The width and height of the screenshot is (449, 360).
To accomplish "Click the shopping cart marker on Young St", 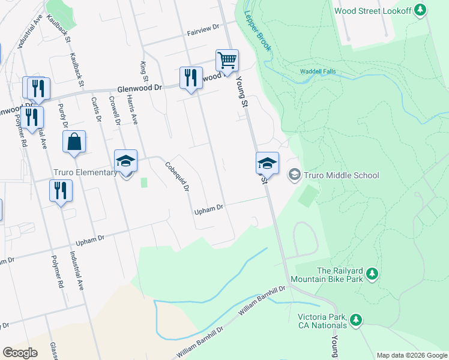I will pos(227,60).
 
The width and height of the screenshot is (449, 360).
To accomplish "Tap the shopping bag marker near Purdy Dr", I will pos(74,142).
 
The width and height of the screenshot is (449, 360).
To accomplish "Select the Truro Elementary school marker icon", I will pos(126,161).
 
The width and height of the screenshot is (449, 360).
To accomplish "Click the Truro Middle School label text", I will pos(341,175).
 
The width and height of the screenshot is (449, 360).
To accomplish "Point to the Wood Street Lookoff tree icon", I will pos(421,10).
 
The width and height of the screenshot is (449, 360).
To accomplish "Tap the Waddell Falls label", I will pos(318,71).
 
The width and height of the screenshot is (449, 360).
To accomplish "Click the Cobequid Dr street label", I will pos(177,177).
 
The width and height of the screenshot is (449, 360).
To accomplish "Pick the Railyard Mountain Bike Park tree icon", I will pos(373,274).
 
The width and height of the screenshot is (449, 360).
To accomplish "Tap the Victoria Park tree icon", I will pos(356,319).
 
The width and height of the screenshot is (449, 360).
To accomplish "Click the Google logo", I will pos(20,353).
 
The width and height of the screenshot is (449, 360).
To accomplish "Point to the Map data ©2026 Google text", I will pos(412,355).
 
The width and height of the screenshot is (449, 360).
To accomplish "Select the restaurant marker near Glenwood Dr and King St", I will pos(191,78).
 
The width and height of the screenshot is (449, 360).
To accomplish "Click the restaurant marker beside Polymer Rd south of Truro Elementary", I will pos(60,191).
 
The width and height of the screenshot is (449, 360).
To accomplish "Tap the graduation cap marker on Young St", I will pos(267,163).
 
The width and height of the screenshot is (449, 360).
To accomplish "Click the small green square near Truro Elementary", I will pos(144,182).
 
